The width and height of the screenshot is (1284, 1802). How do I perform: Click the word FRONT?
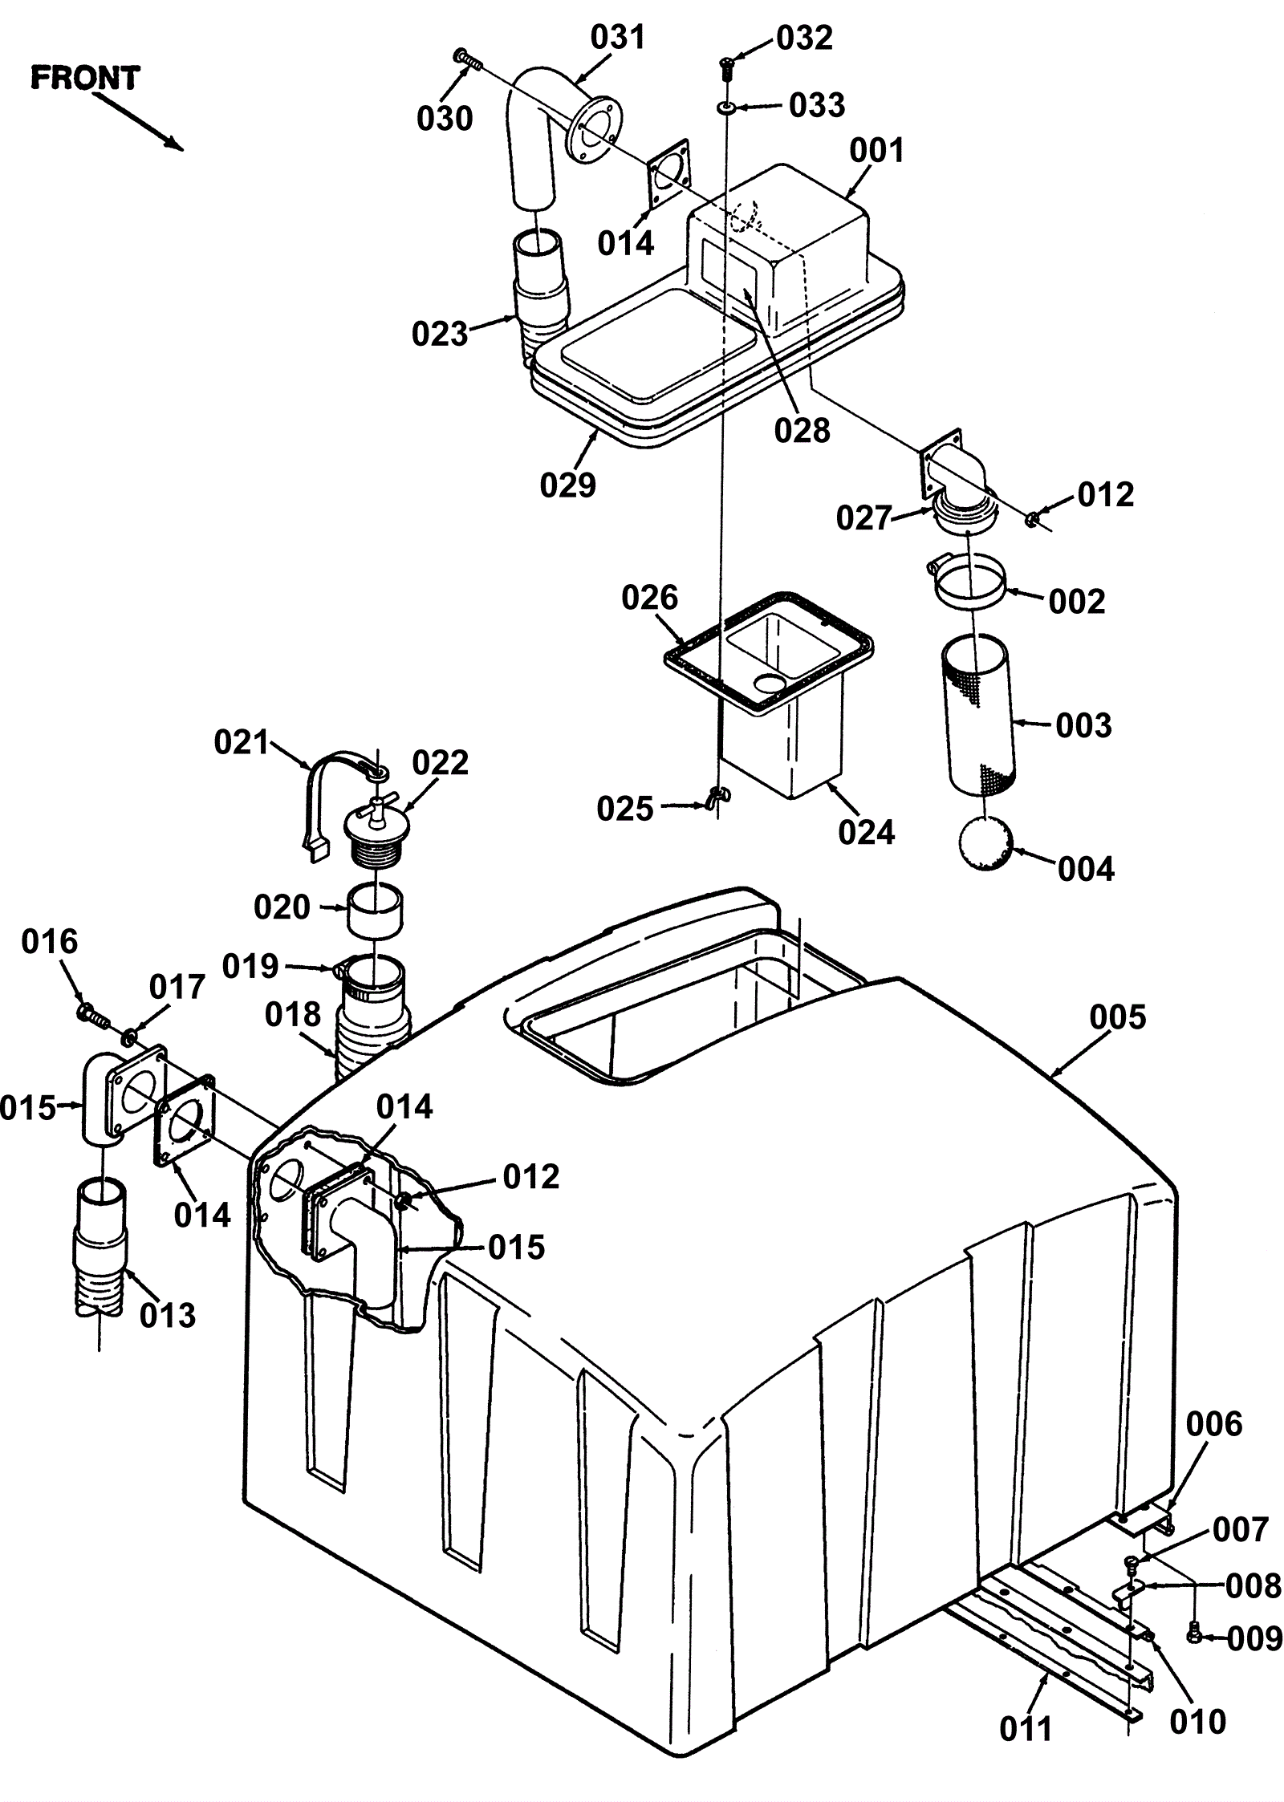pyautogui.click(x=85, y=78)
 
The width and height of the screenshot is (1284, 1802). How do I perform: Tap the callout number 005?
pyautogui.click(x=1118, y=1018)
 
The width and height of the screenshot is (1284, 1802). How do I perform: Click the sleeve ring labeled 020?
pyautogui.click(x=375, y=910)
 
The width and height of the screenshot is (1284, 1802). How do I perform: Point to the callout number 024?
pyautogui.click(x=867, y=832)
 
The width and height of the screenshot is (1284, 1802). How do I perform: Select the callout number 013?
pyautogui.click(x=168, y=1315)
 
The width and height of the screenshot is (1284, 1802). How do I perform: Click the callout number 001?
pyautogui.click(x=877, y=150)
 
